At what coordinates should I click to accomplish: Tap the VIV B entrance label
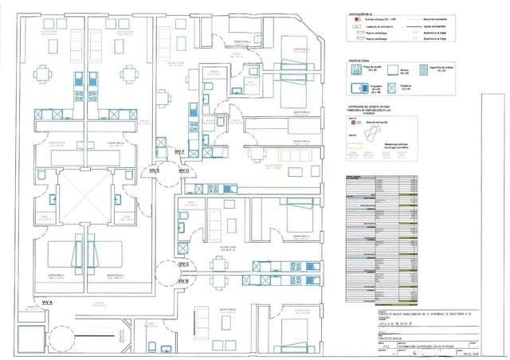(x=182, y=281)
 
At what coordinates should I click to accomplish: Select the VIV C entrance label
(x=182, y=263)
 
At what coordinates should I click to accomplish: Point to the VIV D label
(x=182, y=170)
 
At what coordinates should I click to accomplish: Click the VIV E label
(x=154, y=170)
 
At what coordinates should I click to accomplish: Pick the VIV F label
(x=179, y=151)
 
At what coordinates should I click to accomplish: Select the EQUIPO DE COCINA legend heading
(x=361, y=59)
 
